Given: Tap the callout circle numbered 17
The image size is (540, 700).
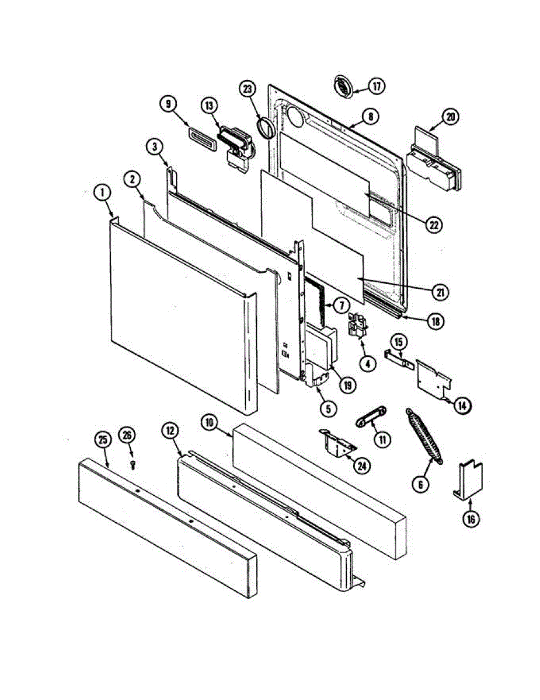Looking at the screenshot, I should click(377, 87).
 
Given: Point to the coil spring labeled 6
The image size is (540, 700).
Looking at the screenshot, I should click(424, 435).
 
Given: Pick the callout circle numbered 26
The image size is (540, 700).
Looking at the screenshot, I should click(127, 435).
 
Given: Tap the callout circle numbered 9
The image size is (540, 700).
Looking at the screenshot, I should click(168, 104).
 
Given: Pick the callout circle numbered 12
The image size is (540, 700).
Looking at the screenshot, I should click(170, 431).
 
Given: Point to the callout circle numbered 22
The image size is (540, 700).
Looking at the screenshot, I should click(433, 224).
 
